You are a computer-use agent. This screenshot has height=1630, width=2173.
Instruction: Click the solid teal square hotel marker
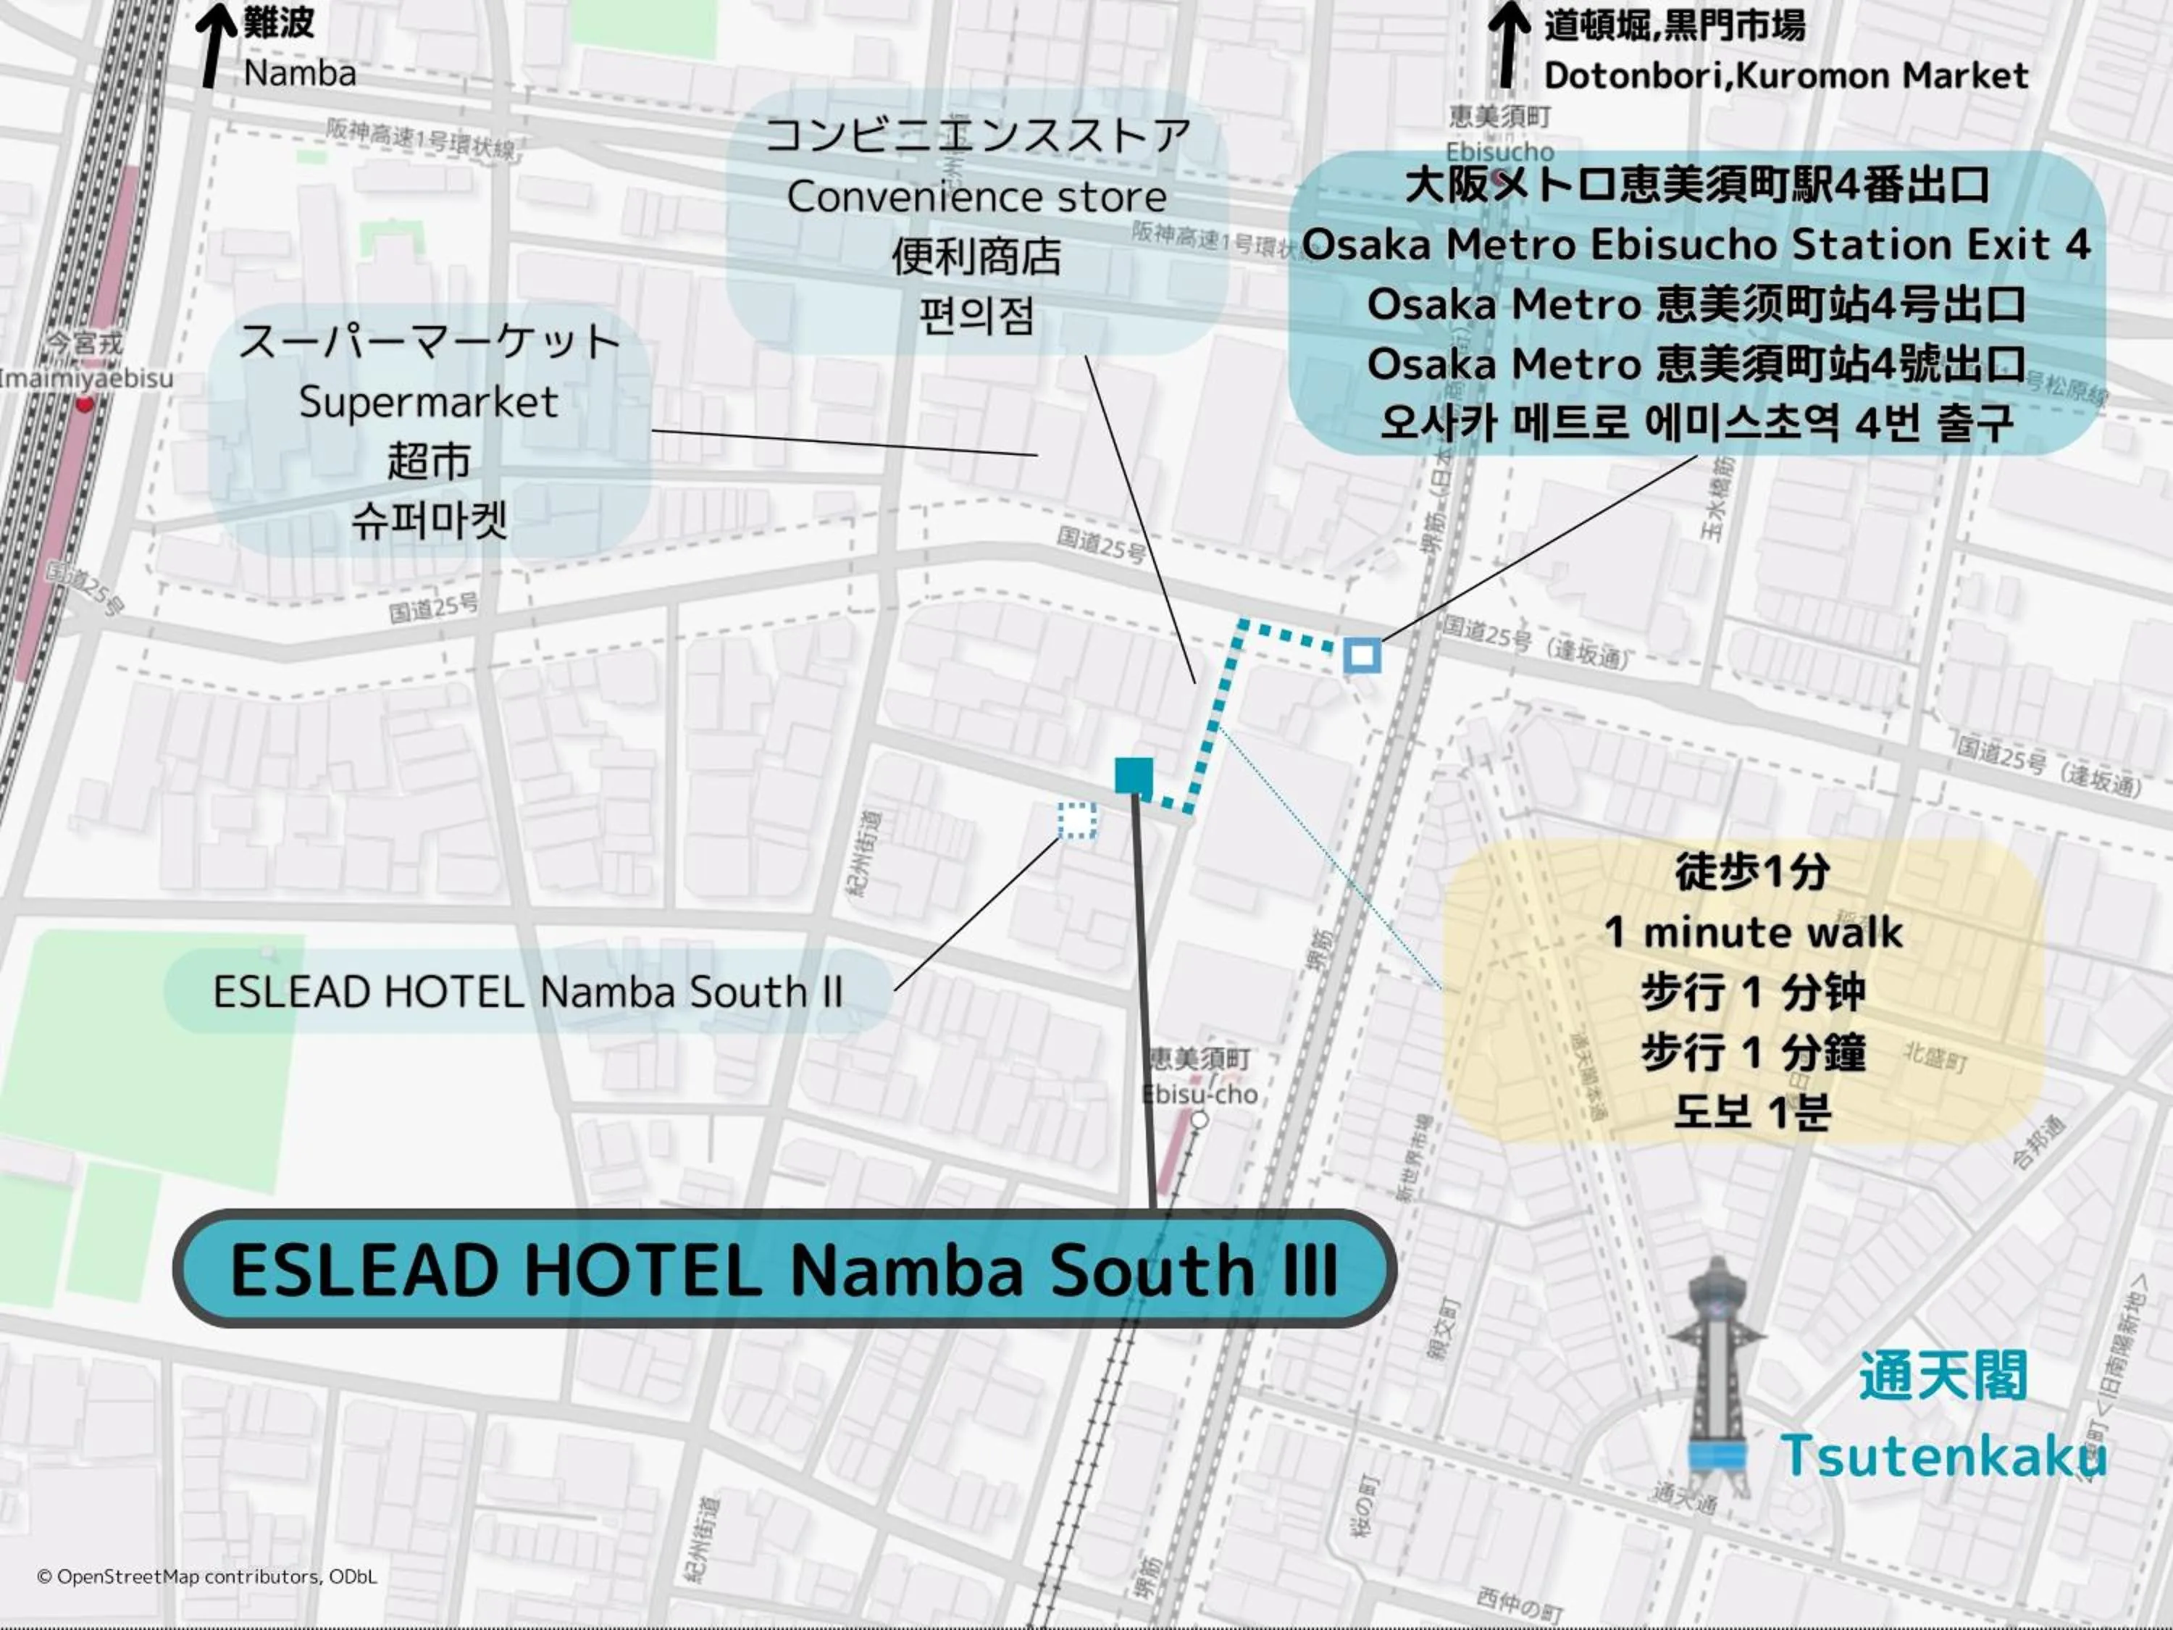[1134, 775]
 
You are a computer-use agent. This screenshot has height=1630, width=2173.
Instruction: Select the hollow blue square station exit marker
[1362, 656]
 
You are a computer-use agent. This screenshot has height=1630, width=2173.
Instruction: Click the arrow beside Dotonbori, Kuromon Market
[1508, 44]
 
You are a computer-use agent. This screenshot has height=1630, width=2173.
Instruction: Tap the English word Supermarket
[428, 402]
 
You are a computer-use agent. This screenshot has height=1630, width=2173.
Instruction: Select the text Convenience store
[976, 196]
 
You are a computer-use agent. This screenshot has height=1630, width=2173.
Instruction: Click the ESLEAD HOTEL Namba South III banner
[784, 1269]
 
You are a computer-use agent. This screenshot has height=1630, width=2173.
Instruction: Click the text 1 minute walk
[1753, 932]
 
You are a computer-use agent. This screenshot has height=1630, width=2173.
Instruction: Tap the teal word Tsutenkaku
[1943, 1456]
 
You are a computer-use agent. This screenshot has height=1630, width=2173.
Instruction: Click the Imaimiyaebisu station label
[86, 377]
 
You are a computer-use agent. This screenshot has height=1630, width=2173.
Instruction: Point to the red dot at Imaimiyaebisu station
[85, 404]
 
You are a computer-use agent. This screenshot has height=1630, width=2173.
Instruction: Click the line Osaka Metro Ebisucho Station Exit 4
[1696, 245]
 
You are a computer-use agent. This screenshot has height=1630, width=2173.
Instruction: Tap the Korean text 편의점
[976, 317]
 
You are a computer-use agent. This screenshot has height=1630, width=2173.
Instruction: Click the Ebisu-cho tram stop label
[1199, 1093]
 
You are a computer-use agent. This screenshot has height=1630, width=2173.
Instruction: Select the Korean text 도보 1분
[1753, 1111]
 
